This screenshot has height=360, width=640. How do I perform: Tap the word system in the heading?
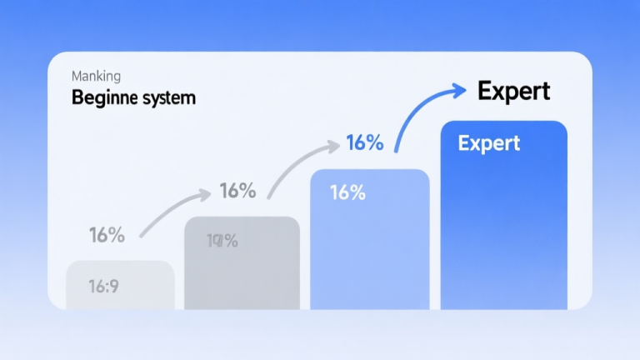click(x=170, y=97)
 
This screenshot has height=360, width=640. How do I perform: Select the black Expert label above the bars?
click(x=513, y=91)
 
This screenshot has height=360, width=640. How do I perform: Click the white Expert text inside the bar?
click(x=489, y=143)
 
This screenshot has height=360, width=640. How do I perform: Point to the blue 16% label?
click(x=364, y=142)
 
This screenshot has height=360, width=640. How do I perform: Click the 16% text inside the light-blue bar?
click(x=347, y=192)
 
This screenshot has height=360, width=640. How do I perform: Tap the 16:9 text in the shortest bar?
click(x=104, y=287)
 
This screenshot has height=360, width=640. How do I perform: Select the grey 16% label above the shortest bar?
click(x=107, y=235)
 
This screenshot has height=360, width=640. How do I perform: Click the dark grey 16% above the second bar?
click(x=237, y=191)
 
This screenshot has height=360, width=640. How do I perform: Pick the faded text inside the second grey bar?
click(x=222, y=242)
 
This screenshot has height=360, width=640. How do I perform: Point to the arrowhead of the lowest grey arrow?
click(x=206, y=196)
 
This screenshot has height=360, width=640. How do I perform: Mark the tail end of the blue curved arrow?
click(x=397, y=151)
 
